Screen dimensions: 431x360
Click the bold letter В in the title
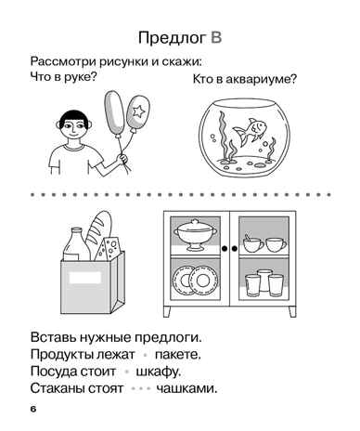coord(217,37)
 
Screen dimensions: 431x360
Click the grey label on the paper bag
coord(84,276)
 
